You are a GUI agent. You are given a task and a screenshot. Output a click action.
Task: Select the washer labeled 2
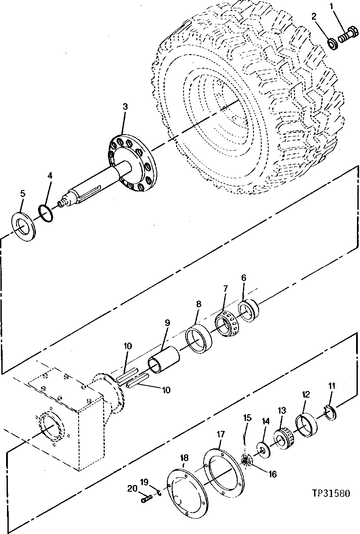[x=333, y=43]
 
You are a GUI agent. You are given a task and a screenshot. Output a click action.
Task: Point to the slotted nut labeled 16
[x=246, y=461]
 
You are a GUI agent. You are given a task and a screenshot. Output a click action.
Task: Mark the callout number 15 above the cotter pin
[x=247, y=419]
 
